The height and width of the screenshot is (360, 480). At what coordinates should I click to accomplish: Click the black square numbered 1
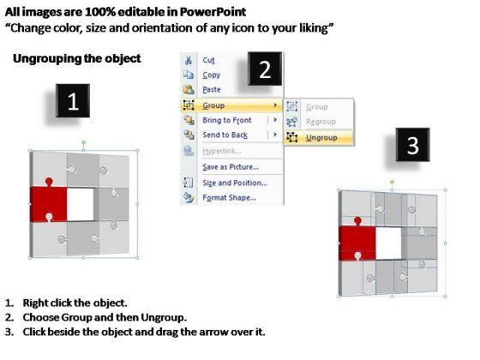tap(73, 101)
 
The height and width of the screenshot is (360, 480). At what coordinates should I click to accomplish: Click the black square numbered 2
tap(265, 69)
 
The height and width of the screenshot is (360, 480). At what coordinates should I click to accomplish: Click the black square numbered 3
tap(412, 145)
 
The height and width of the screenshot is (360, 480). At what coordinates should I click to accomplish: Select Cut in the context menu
tap(208, 60)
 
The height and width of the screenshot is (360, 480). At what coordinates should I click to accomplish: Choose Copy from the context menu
tap(211, 75)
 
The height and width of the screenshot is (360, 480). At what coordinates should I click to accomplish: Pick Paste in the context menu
tap(212, 89)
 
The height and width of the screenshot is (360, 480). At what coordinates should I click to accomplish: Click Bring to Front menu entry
tap(227, 120)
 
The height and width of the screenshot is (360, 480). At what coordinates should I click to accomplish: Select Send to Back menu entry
tap(225, 135)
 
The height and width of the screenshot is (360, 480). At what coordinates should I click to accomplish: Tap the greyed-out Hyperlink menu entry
tap(222, 151)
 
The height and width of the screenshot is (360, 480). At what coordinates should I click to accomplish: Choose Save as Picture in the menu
tap(231, 167)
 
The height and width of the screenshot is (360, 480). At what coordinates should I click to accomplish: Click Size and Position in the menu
tap(235, 183)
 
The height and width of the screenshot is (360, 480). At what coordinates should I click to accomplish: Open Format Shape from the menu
tap(229, 197)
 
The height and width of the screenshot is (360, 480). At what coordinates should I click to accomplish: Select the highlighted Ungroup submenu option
tap(321, 138)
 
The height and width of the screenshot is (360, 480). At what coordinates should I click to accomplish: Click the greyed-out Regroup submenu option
tap(321, 122)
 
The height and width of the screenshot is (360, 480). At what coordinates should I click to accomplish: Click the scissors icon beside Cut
tap(188, 60)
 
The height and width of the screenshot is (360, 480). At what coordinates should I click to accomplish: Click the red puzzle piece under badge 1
tap(49, 202)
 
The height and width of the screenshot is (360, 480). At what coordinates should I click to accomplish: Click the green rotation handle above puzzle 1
tap(84, 142)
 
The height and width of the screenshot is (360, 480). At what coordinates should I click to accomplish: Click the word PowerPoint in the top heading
tap(213, 12)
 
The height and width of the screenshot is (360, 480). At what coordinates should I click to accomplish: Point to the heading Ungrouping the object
tap(77, 58)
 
